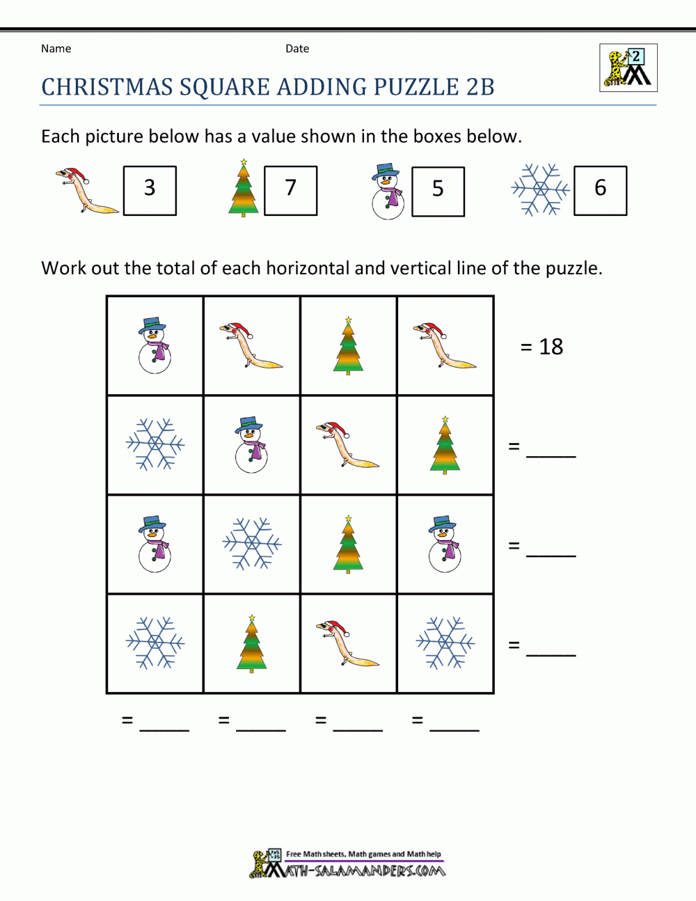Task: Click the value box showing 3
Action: (150, 190)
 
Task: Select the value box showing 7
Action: (291, 190)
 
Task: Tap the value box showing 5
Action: (438, 191)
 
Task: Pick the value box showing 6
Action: (600, 190)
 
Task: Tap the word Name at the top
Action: (56, 49)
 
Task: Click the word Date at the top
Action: (297, 49)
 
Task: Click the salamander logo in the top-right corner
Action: (628, 68)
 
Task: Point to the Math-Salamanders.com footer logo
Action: (348, 864)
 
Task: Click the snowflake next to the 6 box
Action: (540, 189)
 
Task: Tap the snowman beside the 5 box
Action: (388, 191)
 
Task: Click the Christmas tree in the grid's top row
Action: (348, 346)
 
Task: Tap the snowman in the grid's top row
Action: (155, 346)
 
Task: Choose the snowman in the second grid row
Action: (251, 446)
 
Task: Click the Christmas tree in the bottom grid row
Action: (251, 643)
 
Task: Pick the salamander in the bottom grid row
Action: (348, 643)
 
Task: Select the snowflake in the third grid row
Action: (251, 544)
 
